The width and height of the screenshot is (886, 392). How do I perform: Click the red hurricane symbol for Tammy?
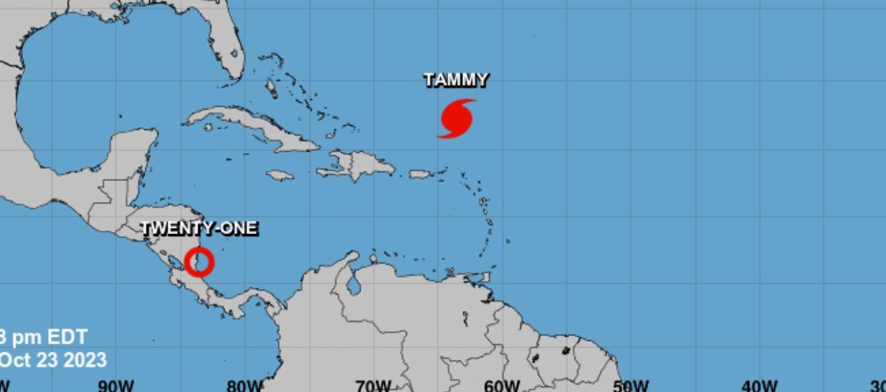(x=457, y=119)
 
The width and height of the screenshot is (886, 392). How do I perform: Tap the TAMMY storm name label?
(x=456, y=80)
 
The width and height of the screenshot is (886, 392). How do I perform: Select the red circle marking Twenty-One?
(x=200, y=262)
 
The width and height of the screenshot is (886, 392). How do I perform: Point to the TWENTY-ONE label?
(x=200, y=228)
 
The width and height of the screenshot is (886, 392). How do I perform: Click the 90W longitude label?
(x=116, y=386)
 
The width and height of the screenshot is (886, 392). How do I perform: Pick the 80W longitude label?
(x=246, y=386)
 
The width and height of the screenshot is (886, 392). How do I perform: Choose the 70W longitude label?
(x=373, y=386)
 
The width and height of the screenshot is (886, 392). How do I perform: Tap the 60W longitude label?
(x=502, y=386)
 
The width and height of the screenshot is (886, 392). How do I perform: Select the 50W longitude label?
(x=631, y=386)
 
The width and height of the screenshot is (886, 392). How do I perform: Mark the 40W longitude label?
(x=760, y=386)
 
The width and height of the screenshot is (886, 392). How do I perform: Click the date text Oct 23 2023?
(x=53, y=361)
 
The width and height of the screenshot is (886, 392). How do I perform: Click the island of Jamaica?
(x=280, y=175)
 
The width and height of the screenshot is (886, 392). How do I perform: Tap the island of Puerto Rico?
(x=421, y=174)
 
